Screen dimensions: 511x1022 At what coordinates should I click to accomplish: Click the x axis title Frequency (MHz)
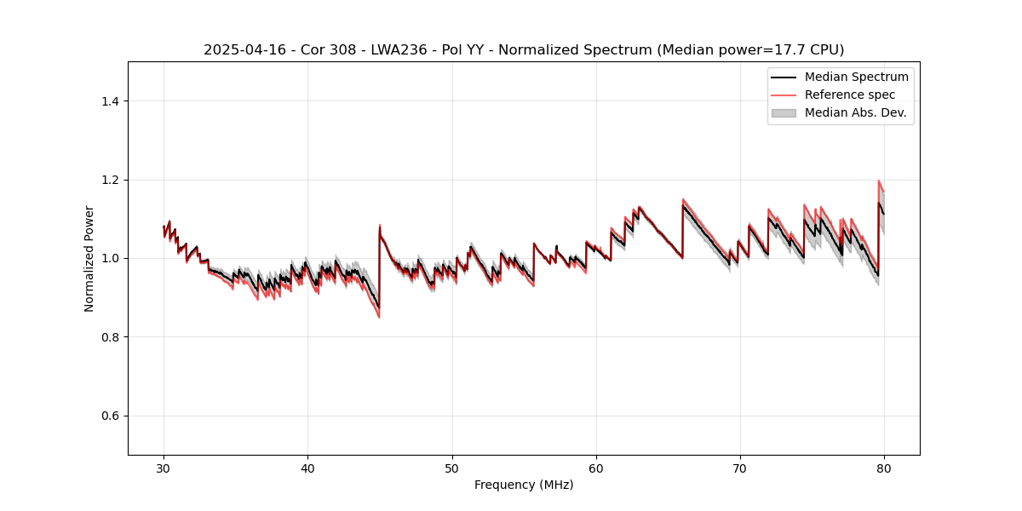(524, 485)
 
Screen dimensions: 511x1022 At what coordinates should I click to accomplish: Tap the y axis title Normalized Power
(89, 258)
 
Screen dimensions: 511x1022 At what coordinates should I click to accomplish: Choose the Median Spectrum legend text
(856, 77)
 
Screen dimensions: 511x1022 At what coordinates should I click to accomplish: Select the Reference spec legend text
(850, 95)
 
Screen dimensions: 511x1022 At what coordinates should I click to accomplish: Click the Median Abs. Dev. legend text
(855, 112)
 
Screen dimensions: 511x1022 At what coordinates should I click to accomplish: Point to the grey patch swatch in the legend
(784, 112)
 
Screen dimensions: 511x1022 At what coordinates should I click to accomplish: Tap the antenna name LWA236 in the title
(385, 50)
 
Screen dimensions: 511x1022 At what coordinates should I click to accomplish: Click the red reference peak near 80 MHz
(878, 181)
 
